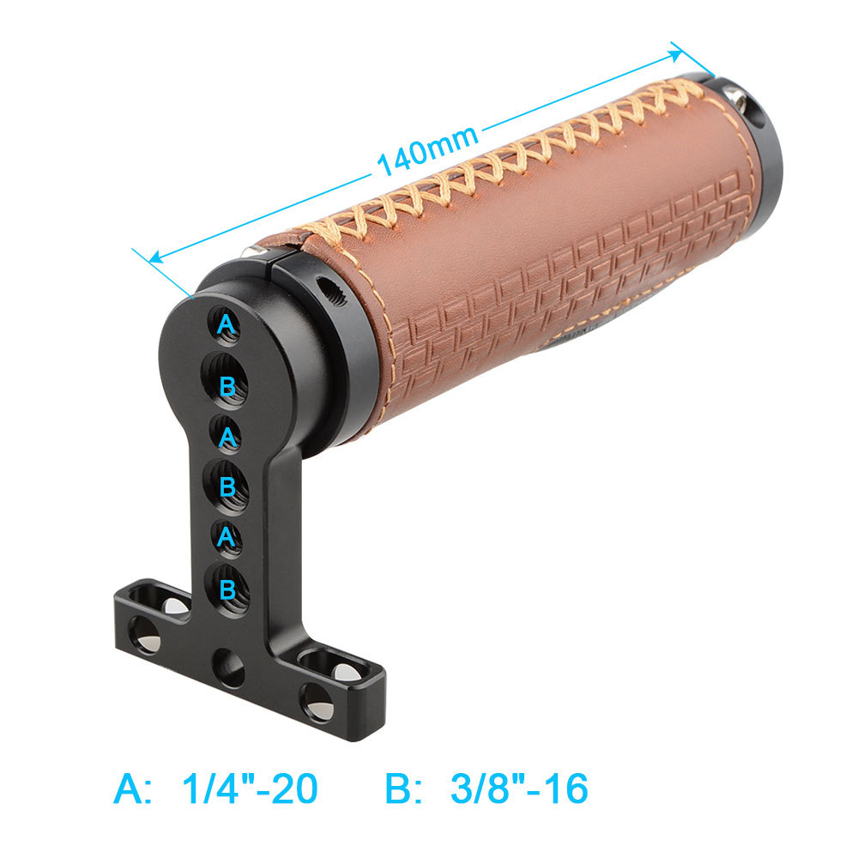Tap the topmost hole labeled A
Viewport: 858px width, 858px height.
226,326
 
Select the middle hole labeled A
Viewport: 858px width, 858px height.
227,436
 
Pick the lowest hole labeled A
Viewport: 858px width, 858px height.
227,539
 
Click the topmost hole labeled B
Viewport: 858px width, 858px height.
226,382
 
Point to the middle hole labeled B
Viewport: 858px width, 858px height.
227,487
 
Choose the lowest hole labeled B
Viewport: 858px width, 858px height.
227,590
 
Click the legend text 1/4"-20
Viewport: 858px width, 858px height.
250,789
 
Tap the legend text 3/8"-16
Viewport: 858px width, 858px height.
519,789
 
